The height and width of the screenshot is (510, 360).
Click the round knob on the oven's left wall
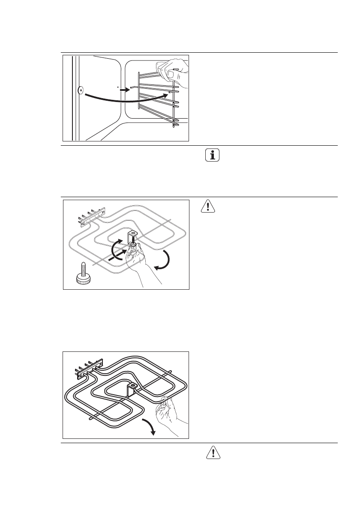click(x=80, y=90)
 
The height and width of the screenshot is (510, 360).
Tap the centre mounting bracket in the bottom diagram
click(x=132, y=388)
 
